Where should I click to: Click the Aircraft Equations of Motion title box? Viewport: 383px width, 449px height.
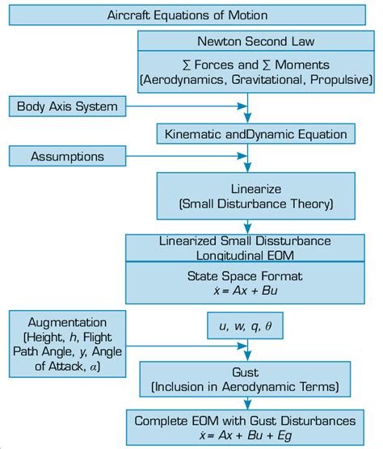point(187,15)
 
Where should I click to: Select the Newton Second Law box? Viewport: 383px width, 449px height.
point(255,41)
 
